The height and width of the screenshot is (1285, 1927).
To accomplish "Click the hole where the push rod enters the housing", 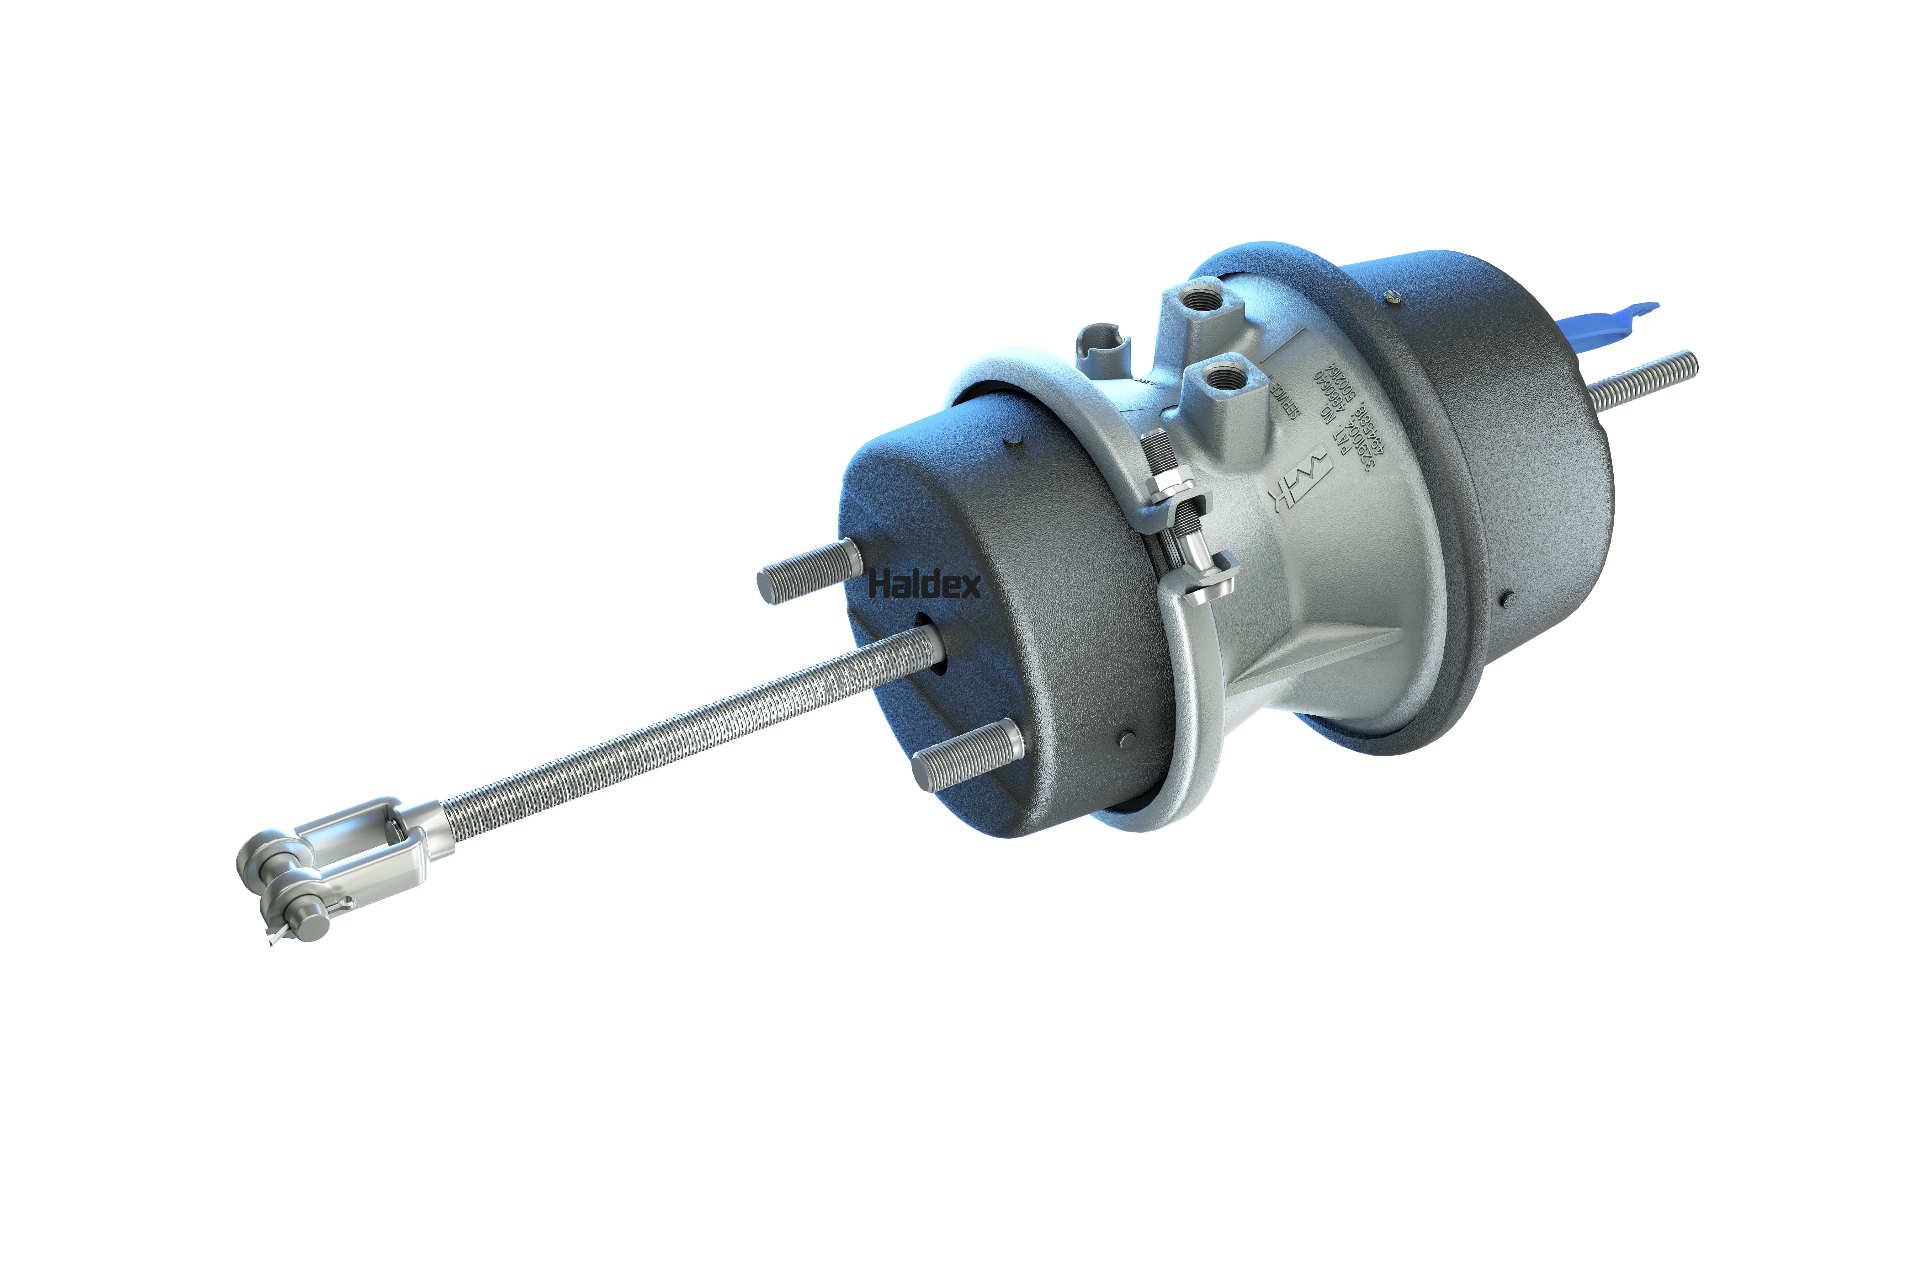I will click(x=934, y=648).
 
